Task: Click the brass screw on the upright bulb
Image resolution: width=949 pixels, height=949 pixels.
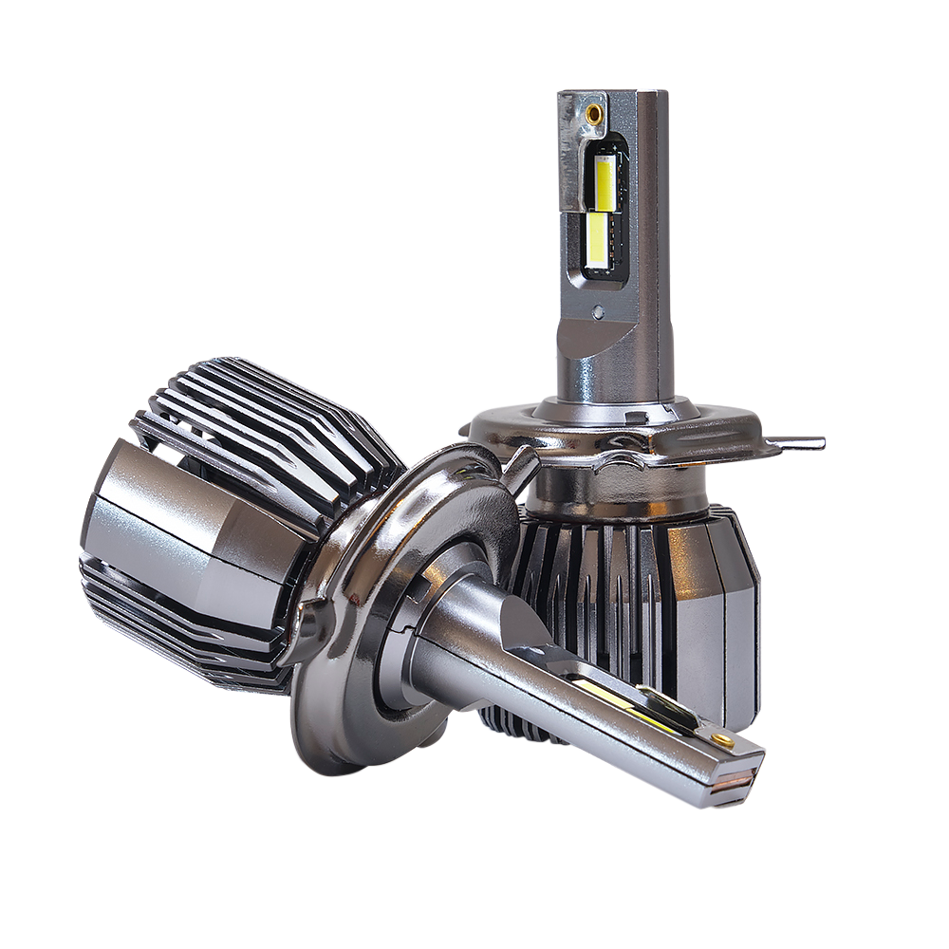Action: tap(594, 112)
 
